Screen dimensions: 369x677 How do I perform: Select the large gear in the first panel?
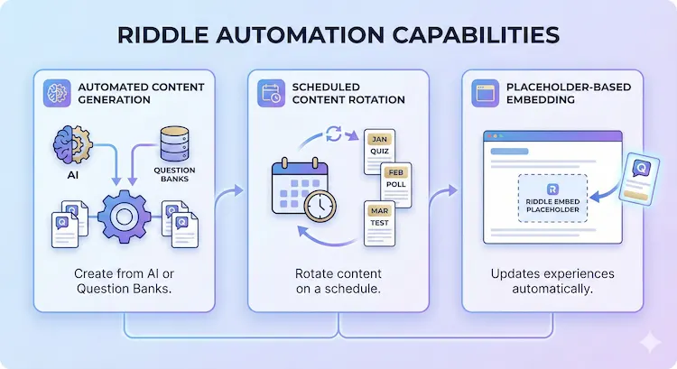(122, 215)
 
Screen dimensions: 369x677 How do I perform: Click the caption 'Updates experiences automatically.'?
(553, 281)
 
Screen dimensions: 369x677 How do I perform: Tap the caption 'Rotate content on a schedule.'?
(338, 281)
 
